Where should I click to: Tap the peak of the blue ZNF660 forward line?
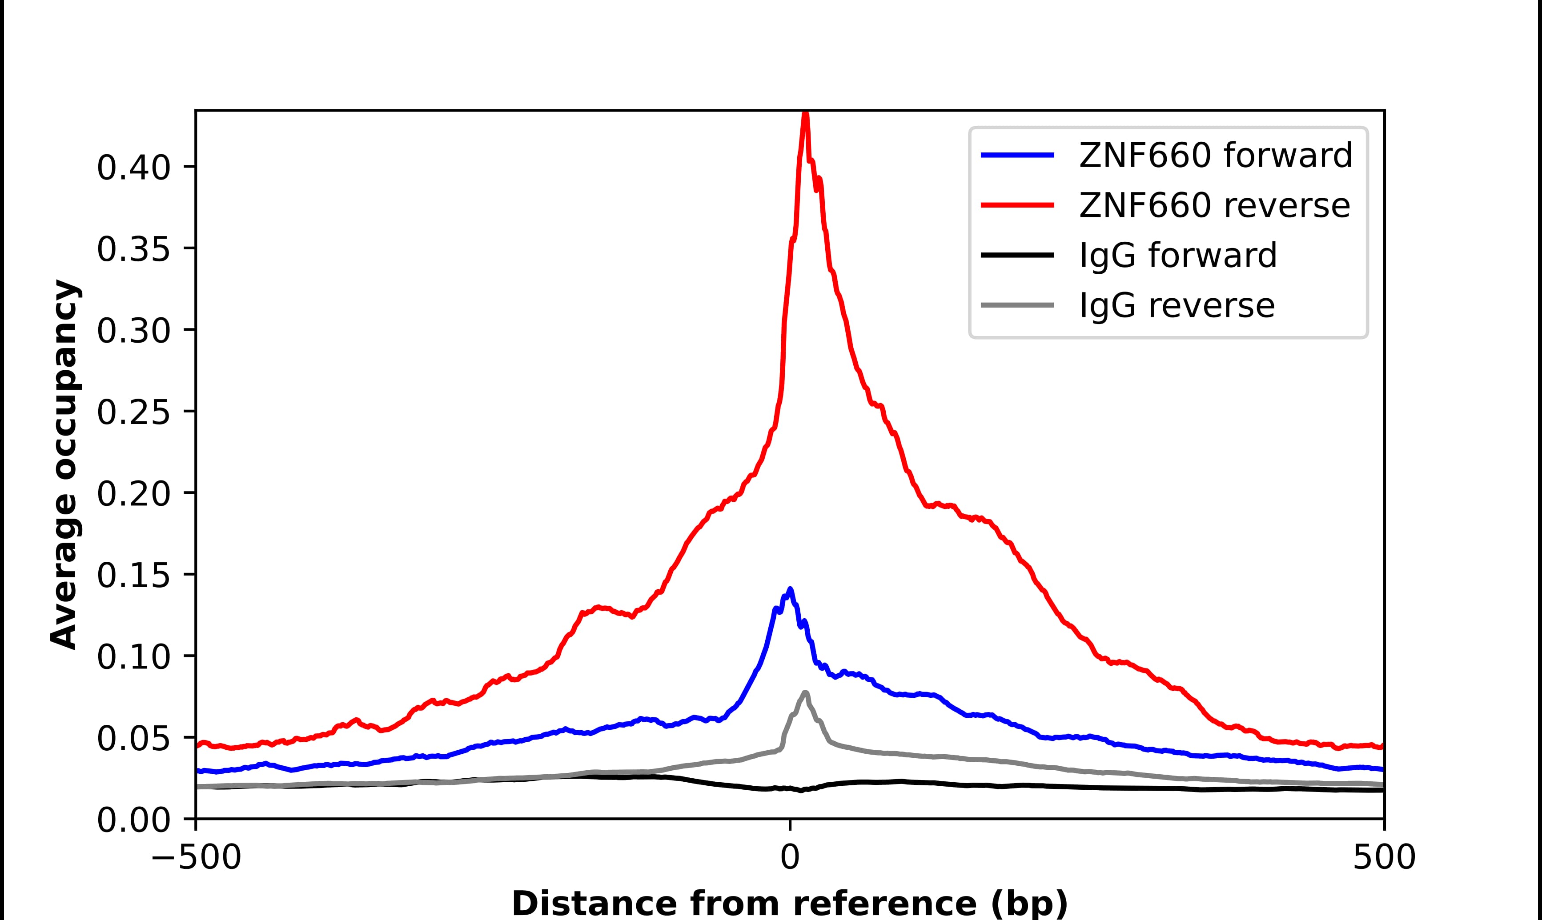(790, 590)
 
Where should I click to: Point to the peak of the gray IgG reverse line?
(805, 692)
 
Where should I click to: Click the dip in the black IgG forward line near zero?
(802, 790)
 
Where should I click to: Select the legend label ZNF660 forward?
(1215, 155)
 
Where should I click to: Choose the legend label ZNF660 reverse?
(1214, 205)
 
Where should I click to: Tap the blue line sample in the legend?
(1017, 155)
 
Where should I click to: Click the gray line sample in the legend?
(1017, 305)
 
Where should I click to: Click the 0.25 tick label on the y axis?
(133, 412)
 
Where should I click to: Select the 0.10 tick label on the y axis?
(133, 657)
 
